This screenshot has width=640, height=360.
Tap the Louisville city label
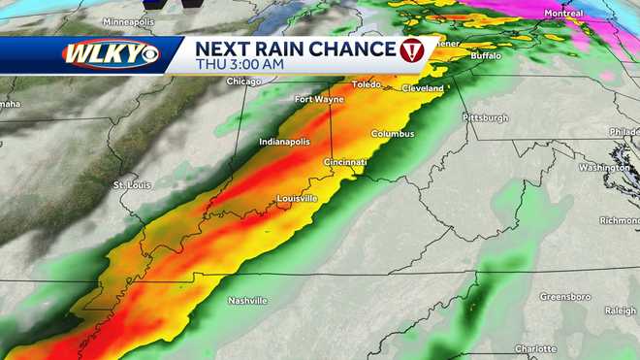point(298,199)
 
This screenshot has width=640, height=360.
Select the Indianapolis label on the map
point(284,143)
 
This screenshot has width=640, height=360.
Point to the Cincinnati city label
point(346,162)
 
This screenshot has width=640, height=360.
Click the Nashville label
point(247,301)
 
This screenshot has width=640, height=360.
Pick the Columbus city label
point(392,134)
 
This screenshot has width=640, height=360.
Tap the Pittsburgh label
point(485,118)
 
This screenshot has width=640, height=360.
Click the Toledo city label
point(368,84)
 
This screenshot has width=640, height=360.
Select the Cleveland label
point(422,88)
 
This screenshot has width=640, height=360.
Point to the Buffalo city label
point(486,57)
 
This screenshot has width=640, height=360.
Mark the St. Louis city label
point(132,184)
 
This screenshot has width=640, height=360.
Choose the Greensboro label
point(565,296)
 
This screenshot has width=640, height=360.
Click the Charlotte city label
point(535,348)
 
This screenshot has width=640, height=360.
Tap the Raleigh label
point(620,311)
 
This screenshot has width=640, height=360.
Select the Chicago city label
point(244,82)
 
